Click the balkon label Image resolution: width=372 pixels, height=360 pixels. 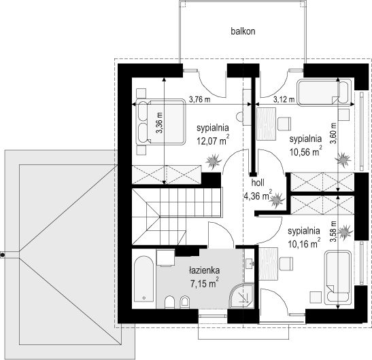[243, 31]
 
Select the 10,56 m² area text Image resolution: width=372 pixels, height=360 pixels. [305, 151]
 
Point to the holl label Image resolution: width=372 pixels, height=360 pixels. [258, 183]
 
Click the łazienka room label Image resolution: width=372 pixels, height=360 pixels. [204, 270]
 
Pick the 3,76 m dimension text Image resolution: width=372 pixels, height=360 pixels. [199, 100]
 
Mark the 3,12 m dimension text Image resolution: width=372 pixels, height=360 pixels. [284, 100]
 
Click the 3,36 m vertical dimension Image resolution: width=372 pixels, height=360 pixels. [160, 122]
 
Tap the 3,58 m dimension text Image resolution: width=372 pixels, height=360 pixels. [334, 232]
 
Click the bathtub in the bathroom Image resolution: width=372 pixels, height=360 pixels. [143, 279]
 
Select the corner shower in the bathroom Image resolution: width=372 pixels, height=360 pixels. [241, 296]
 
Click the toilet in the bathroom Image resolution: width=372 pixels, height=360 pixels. [169, 302]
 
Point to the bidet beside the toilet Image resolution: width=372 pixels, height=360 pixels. [185, 302]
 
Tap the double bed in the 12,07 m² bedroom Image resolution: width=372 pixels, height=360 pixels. [160, 122]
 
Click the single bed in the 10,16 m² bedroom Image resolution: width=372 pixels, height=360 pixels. [337, 278]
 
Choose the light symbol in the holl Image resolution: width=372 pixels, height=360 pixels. [277, 200]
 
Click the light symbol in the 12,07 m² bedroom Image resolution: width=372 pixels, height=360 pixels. [214, 162]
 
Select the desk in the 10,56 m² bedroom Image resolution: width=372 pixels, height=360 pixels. [266, 124]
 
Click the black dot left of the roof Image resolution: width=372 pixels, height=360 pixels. [3, 255]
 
